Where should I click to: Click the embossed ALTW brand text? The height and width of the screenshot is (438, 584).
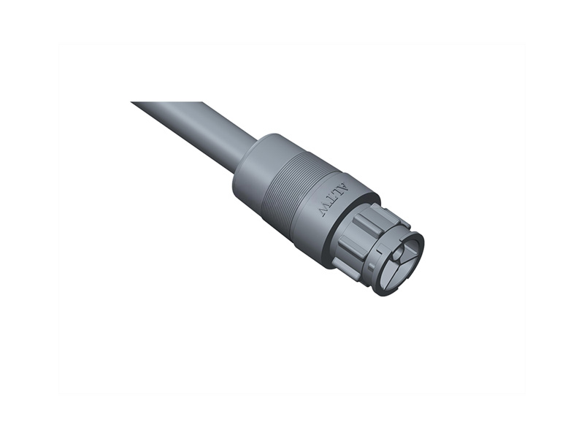coord(335,198)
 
